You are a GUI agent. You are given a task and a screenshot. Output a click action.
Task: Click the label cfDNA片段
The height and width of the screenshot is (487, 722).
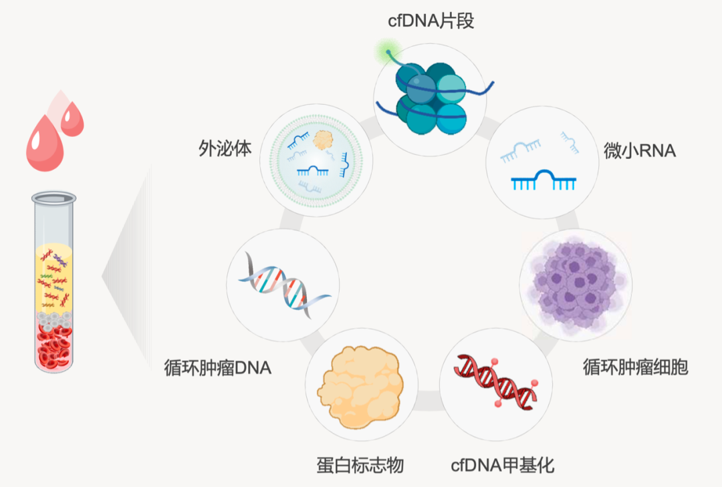(x=431, y=21)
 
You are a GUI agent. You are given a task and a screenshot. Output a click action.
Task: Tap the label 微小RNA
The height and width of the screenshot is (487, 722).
(x=640, y=151)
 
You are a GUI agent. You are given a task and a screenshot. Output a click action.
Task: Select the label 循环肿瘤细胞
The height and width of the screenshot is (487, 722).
(x=635, y=367)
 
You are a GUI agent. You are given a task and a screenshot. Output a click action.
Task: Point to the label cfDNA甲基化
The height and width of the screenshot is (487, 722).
(x=503, y=465)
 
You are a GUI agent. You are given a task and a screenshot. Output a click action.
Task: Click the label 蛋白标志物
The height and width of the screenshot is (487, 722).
(x=360, y=465)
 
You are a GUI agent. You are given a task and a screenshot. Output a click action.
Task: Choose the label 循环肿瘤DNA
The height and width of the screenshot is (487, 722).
(x=218, y=367)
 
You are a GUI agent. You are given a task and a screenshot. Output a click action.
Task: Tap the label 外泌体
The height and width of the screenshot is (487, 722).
(x=225, y=148)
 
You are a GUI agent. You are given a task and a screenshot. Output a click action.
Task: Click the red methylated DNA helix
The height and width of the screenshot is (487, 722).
(x=496, y=381)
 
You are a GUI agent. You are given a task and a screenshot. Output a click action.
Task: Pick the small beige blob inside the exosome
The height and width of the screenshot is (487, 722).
(x=324, y=140)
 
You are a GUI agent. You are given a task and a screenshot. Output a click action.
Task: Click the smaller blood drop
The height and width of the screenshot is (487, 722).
(x=72, y=120)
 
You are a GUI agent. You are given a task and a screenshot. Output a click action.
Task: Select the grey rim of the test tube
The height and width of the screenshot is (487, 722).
(x=54, y=198)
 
